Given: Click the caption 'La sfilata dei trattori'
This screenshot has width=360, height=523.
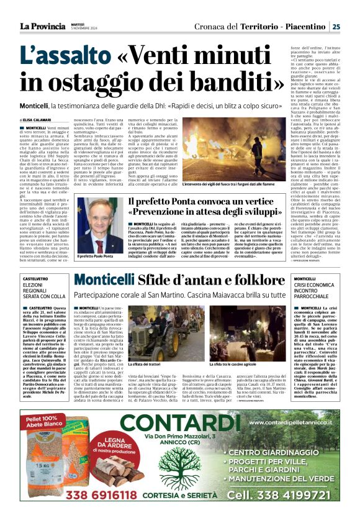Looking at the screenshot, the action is click(x=144, y=363).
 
